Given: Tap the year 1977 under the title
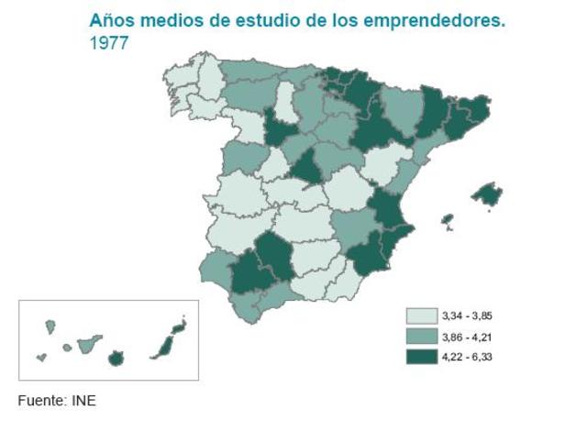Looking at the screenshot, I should (108, 42).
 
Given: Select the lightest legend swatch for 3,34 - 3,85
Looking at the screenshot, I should (421, 316).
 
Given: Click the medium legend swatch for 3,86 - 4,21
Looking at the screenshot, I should (421, 337).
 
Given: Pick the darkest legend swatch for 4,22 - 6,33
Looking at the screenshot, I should (421, 357).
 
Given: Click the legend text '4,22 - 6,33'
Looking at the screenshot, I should (467, 357).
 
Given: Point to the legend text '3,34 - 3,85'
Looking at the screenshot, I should (467, 316).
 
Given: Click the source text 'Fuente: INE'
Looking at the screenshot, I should (57, 400).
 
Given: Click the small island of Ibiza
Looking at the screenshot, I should (448, 221).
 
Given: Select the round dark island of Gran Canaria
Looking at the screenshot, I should (116, 359).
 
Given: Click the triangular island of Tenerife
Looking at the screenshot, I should (89, 345).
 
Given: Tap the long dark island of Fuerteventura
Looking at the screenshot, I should (165, 345).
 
